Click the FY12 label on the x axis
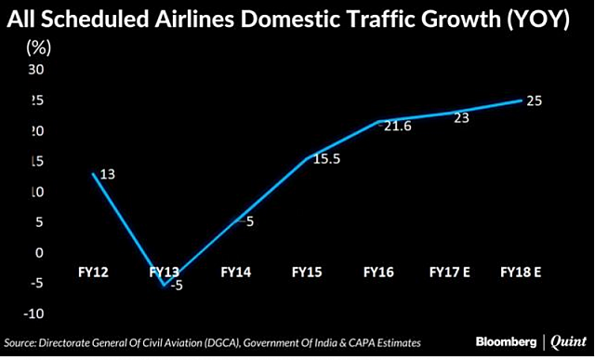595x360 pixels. point(95,273)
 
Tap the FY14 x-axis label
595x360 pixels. point(237,273)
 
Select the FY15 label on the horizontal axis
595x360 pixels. point(308,273)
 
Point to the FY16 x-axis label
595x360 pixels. point(378,273)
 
